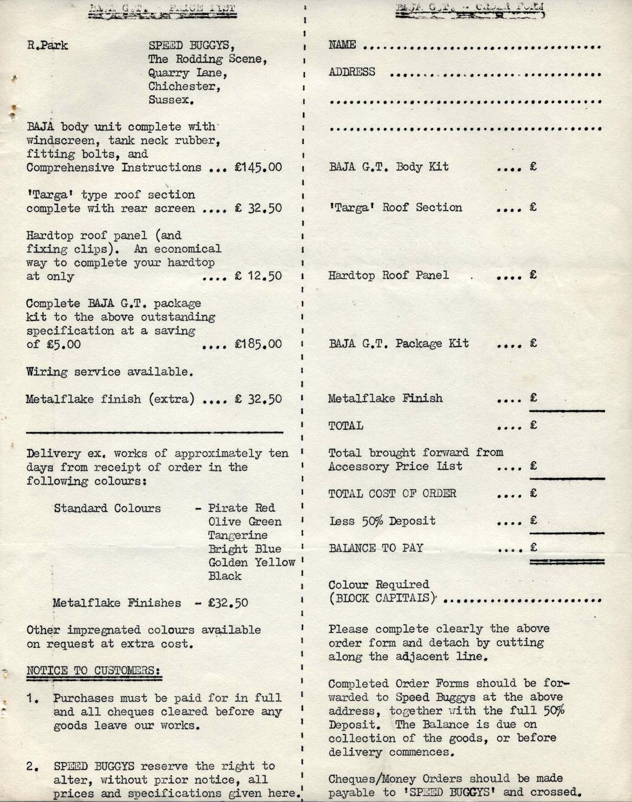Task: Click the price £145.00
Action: coord(258,167)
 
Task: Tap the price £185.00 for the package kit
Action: coord(258,344)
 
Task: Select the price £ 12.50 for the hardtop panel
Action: coord(258,276)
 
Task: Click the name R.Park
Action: coord(48,45)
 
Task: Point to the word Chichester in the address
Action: coord(184,86)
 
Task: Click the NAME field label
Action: coord(342,45)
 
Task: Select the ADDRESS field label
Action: coord(352,72)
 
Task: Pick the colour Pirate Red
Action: coord(241,508)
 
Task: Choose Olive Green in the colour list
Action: coord(244,522)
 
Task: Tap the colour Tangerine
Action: coord(238,535)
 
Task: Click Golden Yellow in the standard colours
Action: coord(251,562)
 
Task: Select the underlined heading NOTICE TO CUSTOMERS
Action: coord(94,671)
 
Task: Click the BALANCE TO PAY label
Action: coord(376,548)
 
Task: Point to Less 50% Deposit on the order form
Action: coord(382,521)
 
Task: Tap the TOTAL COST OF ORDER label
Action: coord(392,494)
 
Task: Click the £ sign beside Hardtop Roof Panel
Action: coord(533,275)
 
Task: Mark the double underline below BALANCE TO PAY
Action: coord(567,561)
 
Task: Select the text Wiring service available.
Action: coord(109,372)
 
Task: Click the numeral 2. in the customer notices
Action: coord(33,767)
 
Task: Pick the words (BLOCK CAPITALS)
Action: coord(382,598)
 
